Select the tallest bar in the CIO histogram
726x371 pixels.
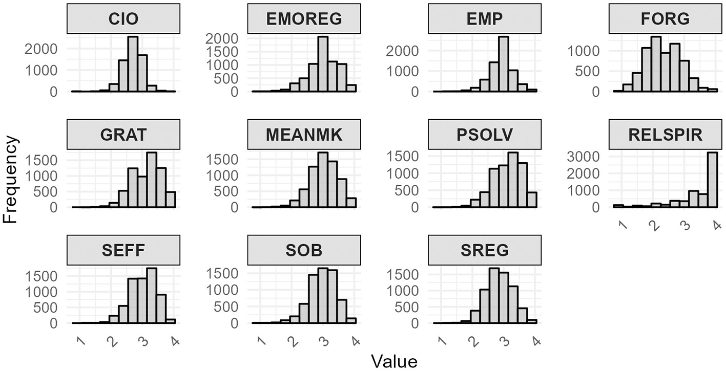click(x=133, y=64)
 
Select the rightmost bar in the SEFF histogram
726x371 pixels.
click(x=171, y=321)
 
